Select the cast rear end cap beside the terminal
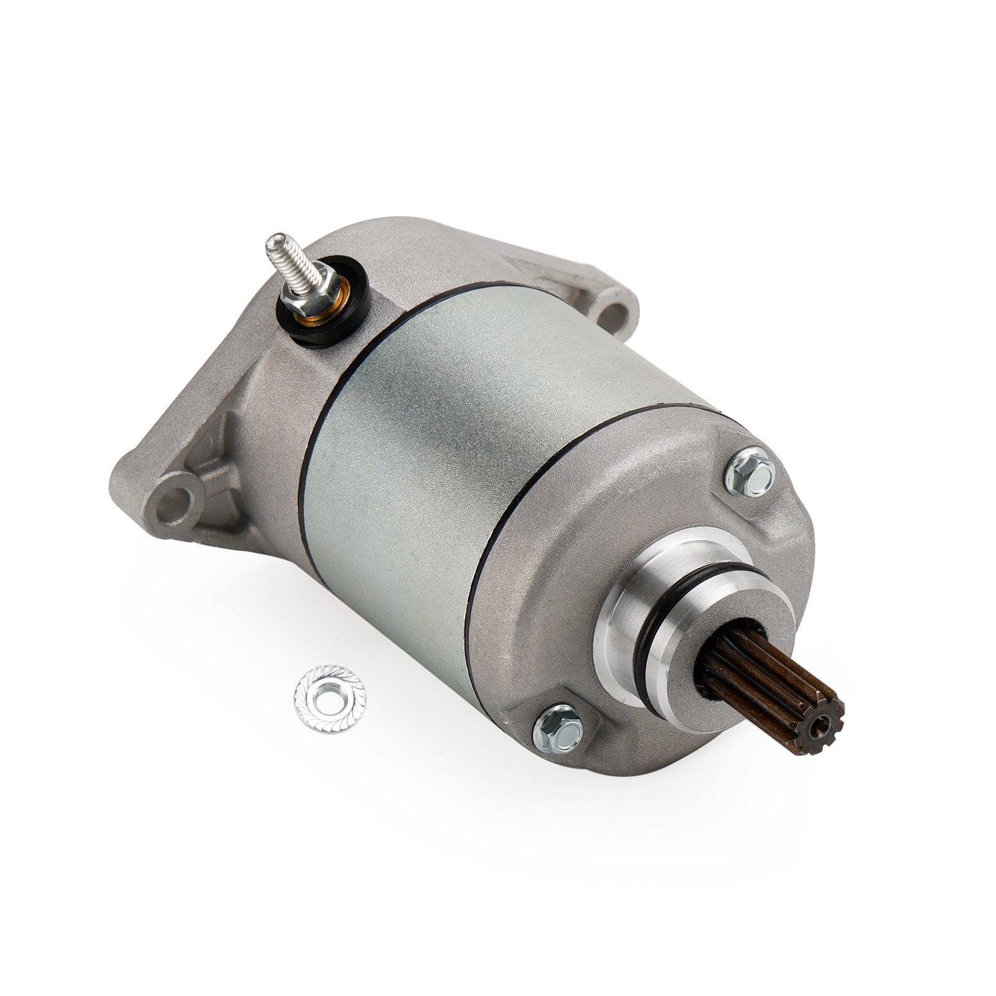coord(261,398)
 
